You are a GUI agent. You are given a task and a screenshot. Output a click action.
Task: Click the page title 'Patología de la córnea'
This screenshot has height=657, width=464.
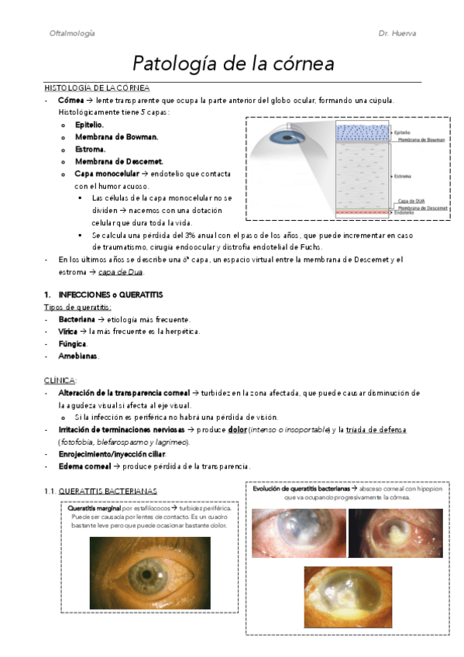[233, 63]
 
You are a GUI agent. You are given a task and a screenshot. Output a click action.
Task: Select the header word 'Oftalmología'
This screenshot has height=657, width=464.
[72, 34]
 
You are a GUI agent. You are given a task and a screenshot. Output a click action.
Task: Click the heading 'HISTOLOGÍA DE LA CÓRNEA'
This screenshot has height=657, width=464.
[97, 88]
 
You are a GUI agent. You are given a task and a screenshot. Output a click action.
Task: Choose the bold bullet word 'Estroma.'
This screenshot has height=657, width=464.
[91, 149]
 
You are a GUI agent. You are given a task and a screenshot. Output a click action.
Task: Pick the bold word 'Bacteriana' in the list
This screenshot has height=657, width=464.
[77, 319]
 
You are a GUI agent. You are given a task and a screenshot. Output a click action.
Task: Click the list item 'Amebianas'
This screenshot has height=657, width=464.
[78, 356]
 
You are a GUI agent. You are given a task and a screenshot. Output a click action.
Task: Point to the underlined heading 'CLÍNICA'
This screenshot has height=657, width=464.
[60, 380]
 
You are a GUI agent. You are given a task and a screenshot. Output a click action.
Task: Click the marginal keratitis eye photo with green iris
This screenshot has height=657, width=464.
[150, 573]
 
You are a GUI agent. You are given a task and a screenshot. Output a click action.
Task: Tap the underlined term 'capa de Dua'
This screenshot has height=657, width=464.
[124, 272]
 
